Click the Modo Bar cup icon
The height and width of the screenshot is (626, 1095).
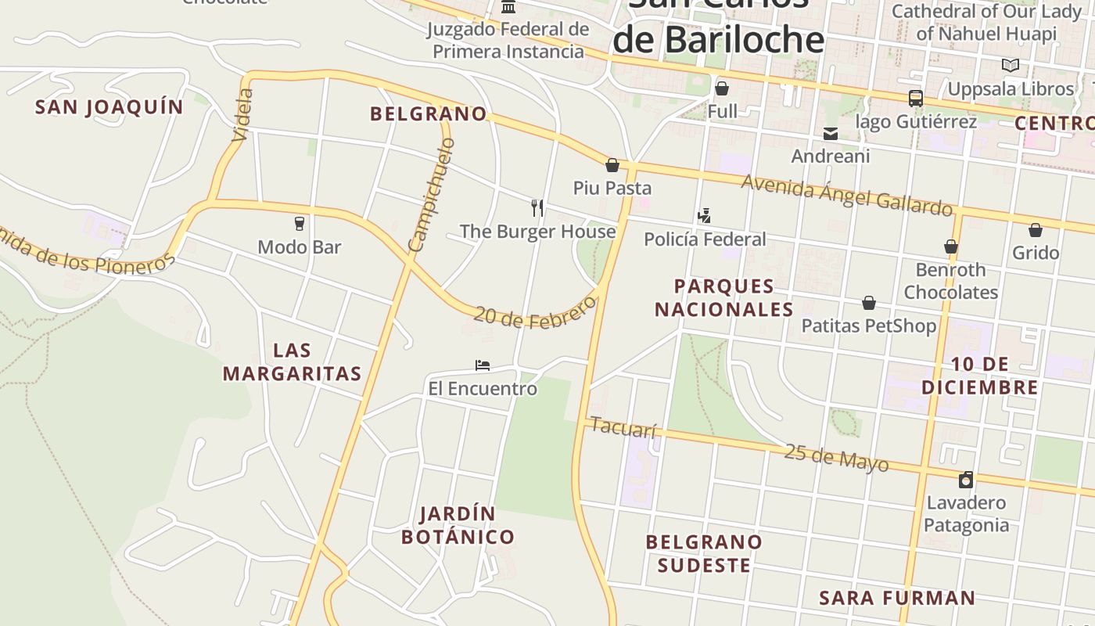point(299,224)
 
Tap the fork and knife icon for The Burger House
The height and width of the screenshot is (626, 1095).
point(537,208)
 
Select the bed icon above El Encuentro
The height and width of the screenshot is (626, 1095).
point(483,365)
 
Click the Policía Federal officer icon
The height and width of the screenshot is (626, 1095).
point(704,216)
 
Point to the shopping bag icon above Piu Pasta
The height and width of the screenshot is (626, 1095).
point(612,165)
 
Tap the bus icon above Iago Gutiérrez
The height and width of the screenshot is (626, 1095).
point(915,99)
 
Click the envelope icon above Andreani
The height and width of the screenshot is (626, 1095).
point(831,134)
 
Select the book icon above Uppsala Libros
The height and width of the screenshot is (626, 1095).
point(1011,66)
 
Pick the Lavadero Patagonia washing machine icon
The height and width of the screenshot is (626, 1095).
point(966,480)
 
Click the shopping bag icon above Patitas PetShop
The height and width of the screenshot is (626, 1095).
point(868,303)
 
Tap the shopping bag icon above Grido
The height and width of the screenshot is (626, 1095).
point(1035,230)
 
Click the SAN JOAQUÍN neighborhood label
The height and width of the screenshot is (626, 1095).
point(109,107)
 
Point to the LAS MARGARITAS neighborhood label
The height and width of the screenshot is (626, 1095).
point(292,362)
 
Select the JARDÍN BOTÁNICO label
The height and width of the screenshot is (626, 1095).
point(458,525)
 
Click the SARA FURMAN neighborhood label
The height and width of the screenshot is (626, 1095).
point(897,599)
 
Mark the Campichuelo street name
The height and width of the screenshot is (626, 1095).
point(431,196)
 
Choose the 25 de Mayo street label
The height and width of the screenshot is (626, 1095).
point(836,458)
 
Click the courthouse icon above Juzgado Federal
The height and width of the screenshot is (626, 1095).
point(508,7)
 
